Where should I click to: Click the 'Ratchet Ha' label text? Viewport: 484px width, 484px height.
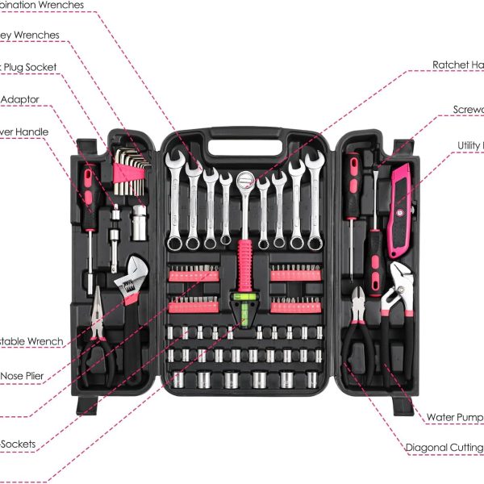coord(457,65)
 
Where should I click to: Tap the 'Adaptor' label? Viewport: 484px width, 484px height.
coord(20,99)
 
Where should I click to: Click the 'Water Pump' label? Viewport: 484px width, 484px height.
coord(454,417)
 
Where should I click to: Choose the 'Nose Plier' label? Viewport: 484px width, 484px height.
coord(22,375)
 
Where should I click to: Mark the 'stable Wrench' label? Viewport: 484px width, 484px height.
coord(31,341)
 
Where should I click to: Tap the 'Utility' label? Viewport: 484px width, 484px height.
coord(470,145)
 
